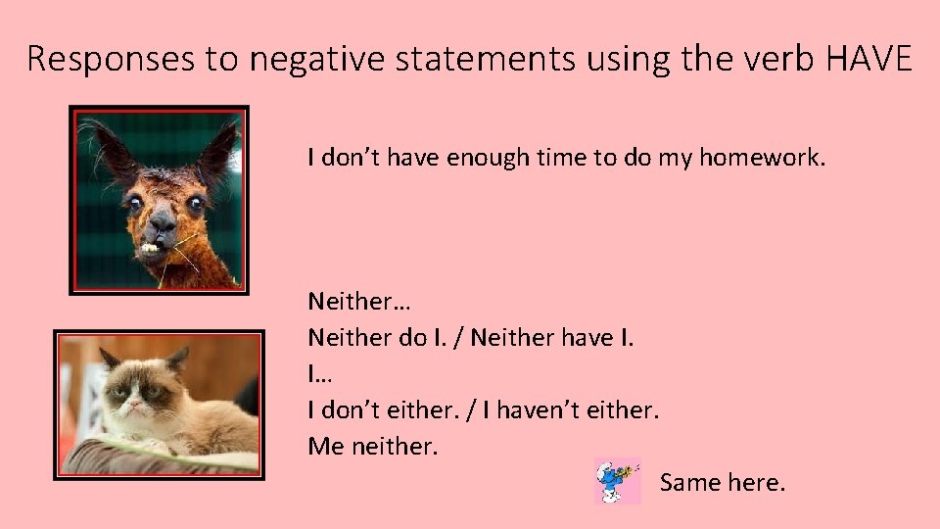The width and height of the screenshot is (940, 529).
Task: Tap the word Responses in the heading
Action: point(112,61)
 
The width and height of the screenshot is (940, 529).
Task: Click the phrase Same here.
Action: point(722,482)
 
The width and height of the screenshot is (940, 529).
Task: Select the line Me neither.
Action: point(373,447)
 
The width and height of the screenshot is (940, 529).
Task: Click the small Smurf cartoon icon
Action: point(617,481)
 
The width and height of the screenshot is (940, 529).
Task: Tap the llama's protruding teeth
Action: point(150,248)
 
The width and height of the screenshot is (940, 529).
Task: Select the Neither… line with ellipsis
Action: point(345,300)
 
